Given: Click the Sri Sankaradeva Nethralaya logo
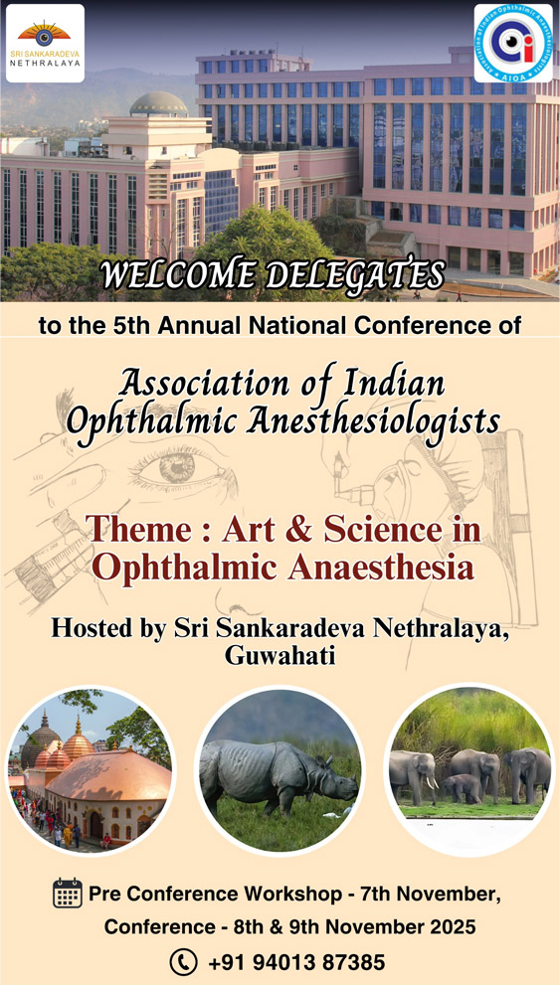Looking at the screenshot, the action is point(45,44).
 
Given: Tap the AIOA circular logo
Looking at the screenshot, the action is point(513,44).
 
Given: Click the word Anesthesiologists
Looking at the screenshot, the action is point(373,422).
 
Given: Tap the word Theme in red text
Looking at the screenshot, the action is point(139,529).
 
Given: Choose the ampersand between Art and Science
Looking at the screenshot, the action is point(299,530).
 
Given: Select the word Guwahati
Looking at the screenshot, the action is point(280,655).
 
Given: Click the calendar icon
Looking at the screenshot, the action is point(68,893).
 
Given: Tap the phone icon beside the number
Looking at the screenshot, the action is point(183,962).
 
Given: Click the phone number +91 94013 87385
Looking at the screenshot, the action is point(296,962).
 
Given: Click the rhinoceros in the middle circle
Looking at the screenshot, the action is point(279,776).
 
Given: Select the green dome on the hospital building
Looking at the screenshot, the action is point(158,103).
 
